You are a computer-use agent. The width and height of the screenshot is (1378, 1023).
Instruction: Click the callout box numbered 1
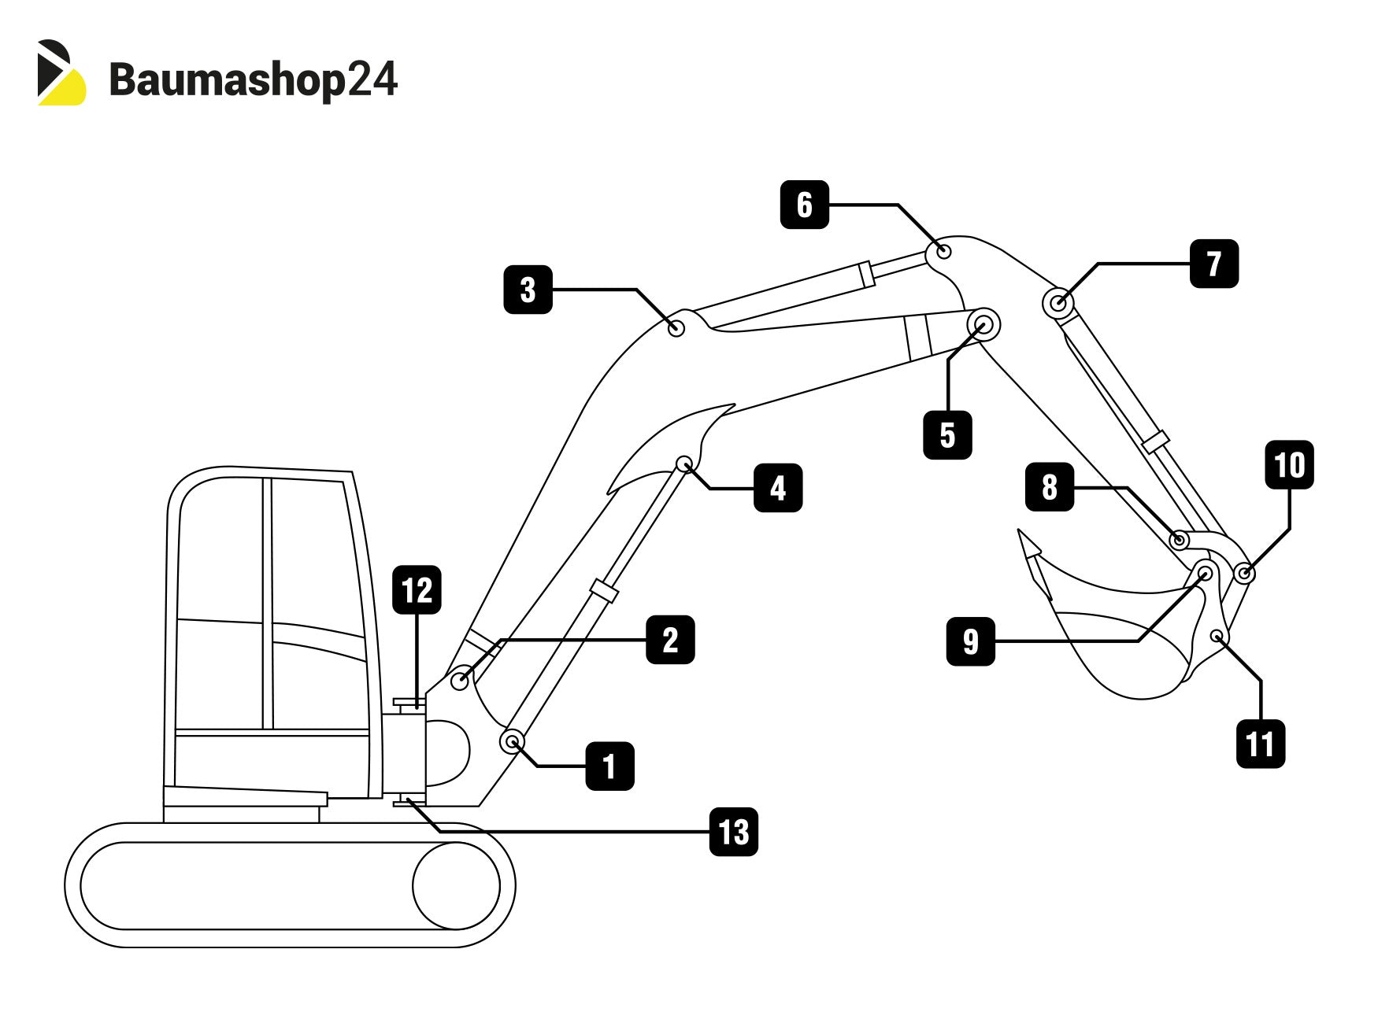point(609,766)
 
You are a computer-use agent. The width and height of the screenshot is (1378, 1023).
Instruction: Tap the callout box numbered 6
point(804,205)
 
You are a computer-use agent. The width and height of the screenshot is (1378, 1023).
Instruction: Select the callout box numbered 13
point(733,832)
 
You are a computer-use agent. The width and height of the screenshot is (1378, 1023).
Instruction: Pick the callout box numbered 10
point(1289,465)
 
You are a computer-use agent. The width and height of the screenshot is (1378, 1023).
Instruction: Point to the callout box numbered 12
point(417,590)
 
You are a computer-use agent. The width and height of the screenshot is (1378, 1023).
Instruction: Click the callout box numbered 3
point(528,290)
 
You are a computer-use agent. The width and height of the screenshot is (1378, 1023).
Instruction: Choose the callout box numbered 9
point(970,641)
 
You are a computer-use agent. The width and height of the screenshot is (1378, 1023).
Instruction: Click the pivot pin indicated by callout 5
point(983,323)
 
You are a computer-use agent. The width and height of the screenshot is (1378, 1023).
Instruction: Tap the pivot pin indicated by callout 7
point(1059,303)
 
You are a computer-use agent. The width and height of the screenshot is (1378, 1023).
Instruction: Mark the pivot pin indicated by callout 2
point(460,679)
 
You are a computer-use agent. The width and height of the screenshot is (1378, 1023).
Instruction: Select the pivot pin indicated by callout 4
point(684,463)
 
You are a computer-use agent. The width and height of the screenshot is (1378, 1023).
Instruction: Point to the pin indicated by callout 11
point(1217,636)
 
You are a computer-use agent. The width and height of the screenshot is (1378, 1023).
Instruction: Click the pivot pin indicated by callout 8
point(1179,540)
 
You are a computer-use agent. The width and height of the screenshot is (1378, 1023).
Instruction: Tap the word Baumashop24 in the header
point(253,80)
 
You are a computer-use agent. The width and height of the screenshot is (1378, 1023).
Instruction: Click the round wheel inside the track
point(456,885)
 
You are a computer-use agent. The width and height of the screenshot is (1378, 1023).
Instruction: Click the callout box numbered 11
point(1260,743)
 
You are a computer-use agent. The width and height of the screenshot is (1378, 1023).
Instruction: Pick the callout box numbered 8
point(1049,487)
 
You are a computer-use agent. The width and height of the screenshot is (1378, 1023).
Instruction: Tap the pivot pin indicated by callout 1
point(513,741)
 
